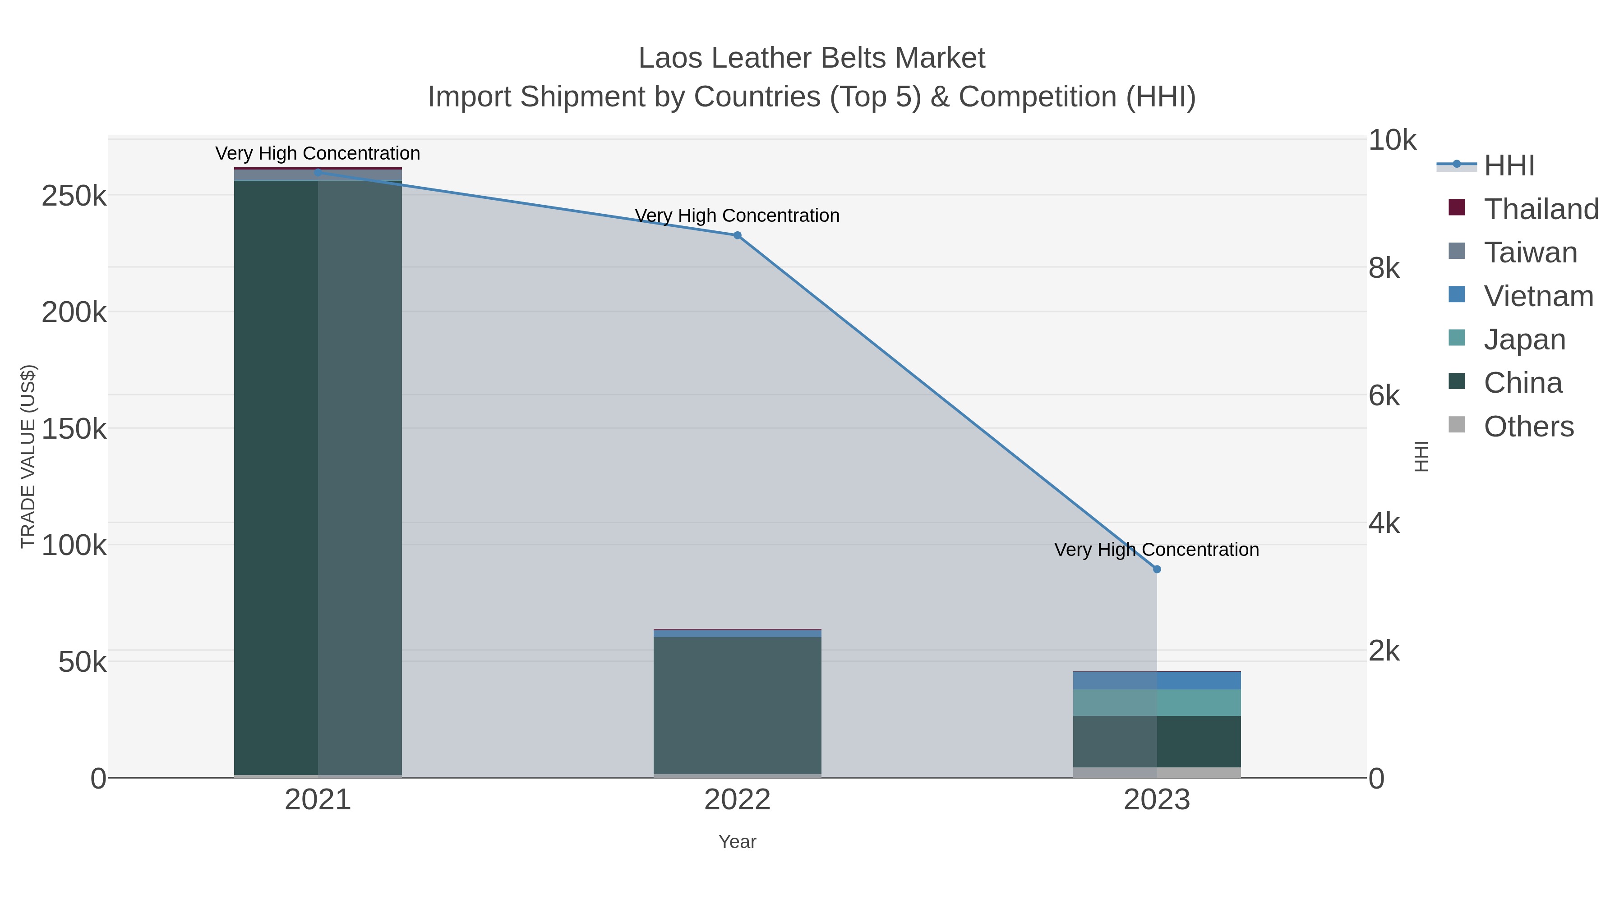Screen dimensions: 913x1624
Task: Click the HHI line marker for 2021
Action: click(x=318, y=172)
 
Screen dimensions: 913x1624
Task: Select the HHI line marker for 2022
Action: click(x=737, y=236)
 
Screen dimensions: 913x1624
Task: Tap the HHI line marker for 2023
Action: click(x=1157, y=569)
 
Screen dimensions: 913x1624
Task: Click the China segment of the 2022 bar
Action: click(x=737, y=706)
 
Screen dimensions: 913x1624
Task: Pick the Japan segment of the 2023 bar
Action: click(x=1157, y=702)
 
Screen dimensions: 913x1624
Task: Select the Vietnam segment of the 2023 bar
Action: click(x=1157, y=680)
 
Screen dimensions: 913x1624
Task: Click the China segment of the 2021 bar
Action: click(x=318, y=479)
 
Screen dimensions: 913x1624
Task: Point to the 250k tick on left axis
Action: click(x=74, y=197)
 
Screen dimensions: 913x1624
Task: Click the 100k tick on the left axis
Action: click(x=74, y=545)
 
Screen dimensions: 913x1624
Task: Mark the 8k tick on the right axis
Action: click(x=1384, y=268)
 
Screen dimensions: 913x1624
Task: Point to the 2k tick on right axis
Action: click(x=1384, y=651)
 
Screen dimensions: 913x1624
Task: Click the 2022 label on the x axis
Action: click(x=737, y=800)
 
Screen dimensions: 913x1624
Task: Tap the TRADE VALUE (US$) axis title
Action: click(x=28, y=456)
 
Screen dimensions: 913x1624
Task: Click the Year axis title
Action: click(x=737, y=842)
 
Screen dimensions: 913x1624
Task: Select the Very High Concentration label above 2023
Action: click(x=1156, y=550)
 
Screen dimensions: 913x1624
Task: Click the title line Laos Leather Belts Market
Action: click(x=812, y=58)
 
